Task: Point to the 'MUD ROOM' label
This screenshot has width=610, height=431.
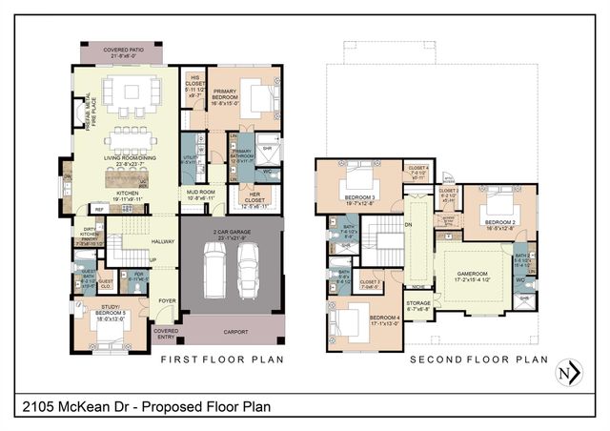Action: click(201, 192)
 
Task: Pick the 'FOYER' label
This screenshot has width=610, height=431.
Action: click(167, 298)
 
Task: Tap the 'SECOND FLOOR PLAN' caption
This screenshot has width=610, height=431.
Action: click(478, 359)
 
